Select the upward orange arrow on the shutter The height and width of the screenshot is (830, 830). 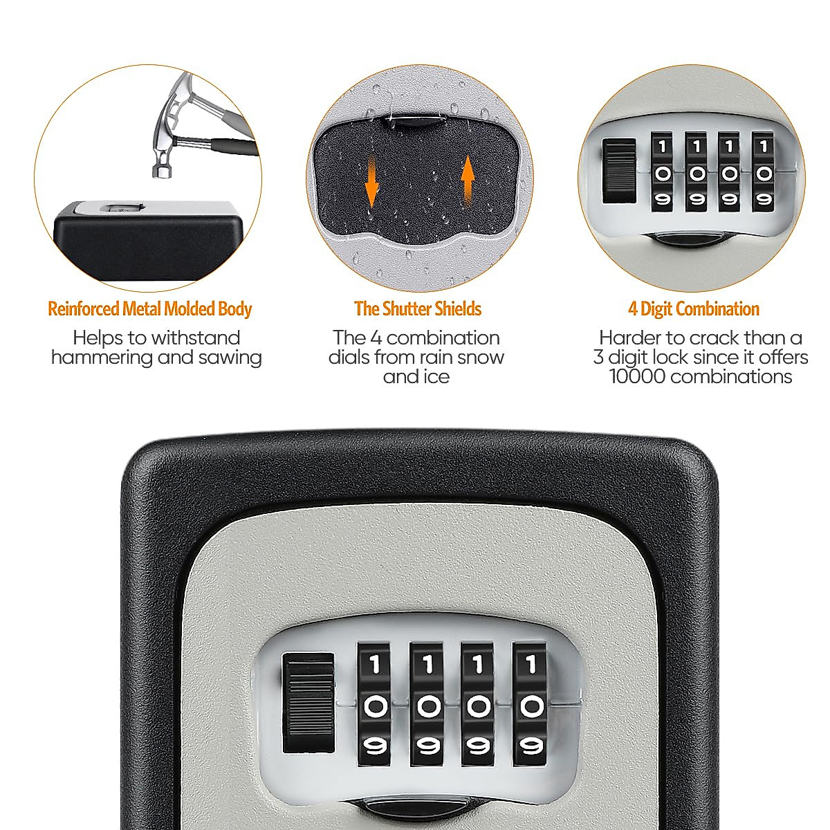(468, 177)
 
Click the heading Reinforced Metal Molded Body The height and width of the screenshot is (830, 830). (149, 308)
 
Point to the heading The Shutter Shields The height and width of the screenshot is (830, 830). (417, 308)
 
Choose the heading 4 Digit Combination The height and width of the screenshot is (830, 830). (693, 308)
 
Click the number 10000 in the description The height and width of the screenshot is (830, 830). (637, 376)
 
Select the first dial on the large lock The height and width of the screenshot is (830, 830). (375, 704)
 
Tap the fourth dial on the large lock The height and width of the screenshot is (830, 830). (531, 704)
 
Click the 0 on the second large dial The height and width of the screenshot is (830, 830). (427, 706)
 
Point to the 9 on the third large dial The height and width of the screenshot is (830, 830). (479, 746)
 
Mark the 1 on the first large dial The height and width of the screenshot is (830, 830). (375, 666)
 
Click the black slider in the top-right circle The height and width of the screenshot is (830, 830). (619, 172)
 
